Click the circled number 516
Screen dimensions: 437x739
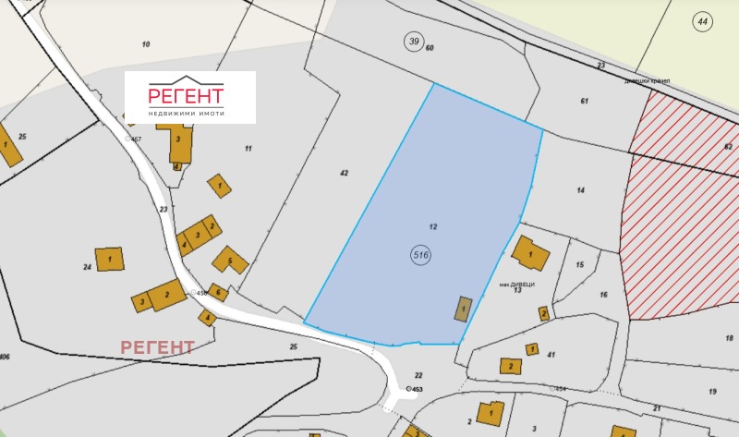[423, 254]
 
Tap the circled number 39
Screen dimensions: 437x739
[413, 40]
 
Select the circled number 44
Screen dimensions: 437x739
[703, 20]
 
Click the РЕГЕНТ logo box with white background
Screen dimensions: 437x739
[190, 97]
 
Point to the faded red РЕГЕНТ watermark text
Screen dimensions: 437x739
[158, 347]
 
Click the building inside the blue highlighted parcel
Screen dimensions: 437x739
[462, 309]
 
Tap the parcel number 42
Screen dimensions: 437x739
[344, 173]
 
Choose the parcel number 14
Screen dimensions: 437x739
[581, 189]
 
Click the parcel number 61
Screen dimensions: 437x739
[585, 100]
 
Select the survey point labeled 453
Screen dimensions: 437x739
[408, 390]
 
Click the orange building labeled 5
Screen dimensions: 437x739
[230, 261]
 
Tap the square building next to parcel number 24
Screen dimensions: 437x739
[109, 259]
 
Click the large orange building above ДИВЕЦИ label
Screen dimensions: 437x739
[529, 251]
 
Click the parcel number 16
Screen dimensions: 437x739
[603, 295]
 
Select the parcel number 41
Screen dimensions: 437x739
[551, 354]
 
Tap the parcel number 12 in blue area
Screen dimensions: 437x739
[432, 226]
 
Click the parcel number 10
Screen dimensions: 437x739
[145, 44]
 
